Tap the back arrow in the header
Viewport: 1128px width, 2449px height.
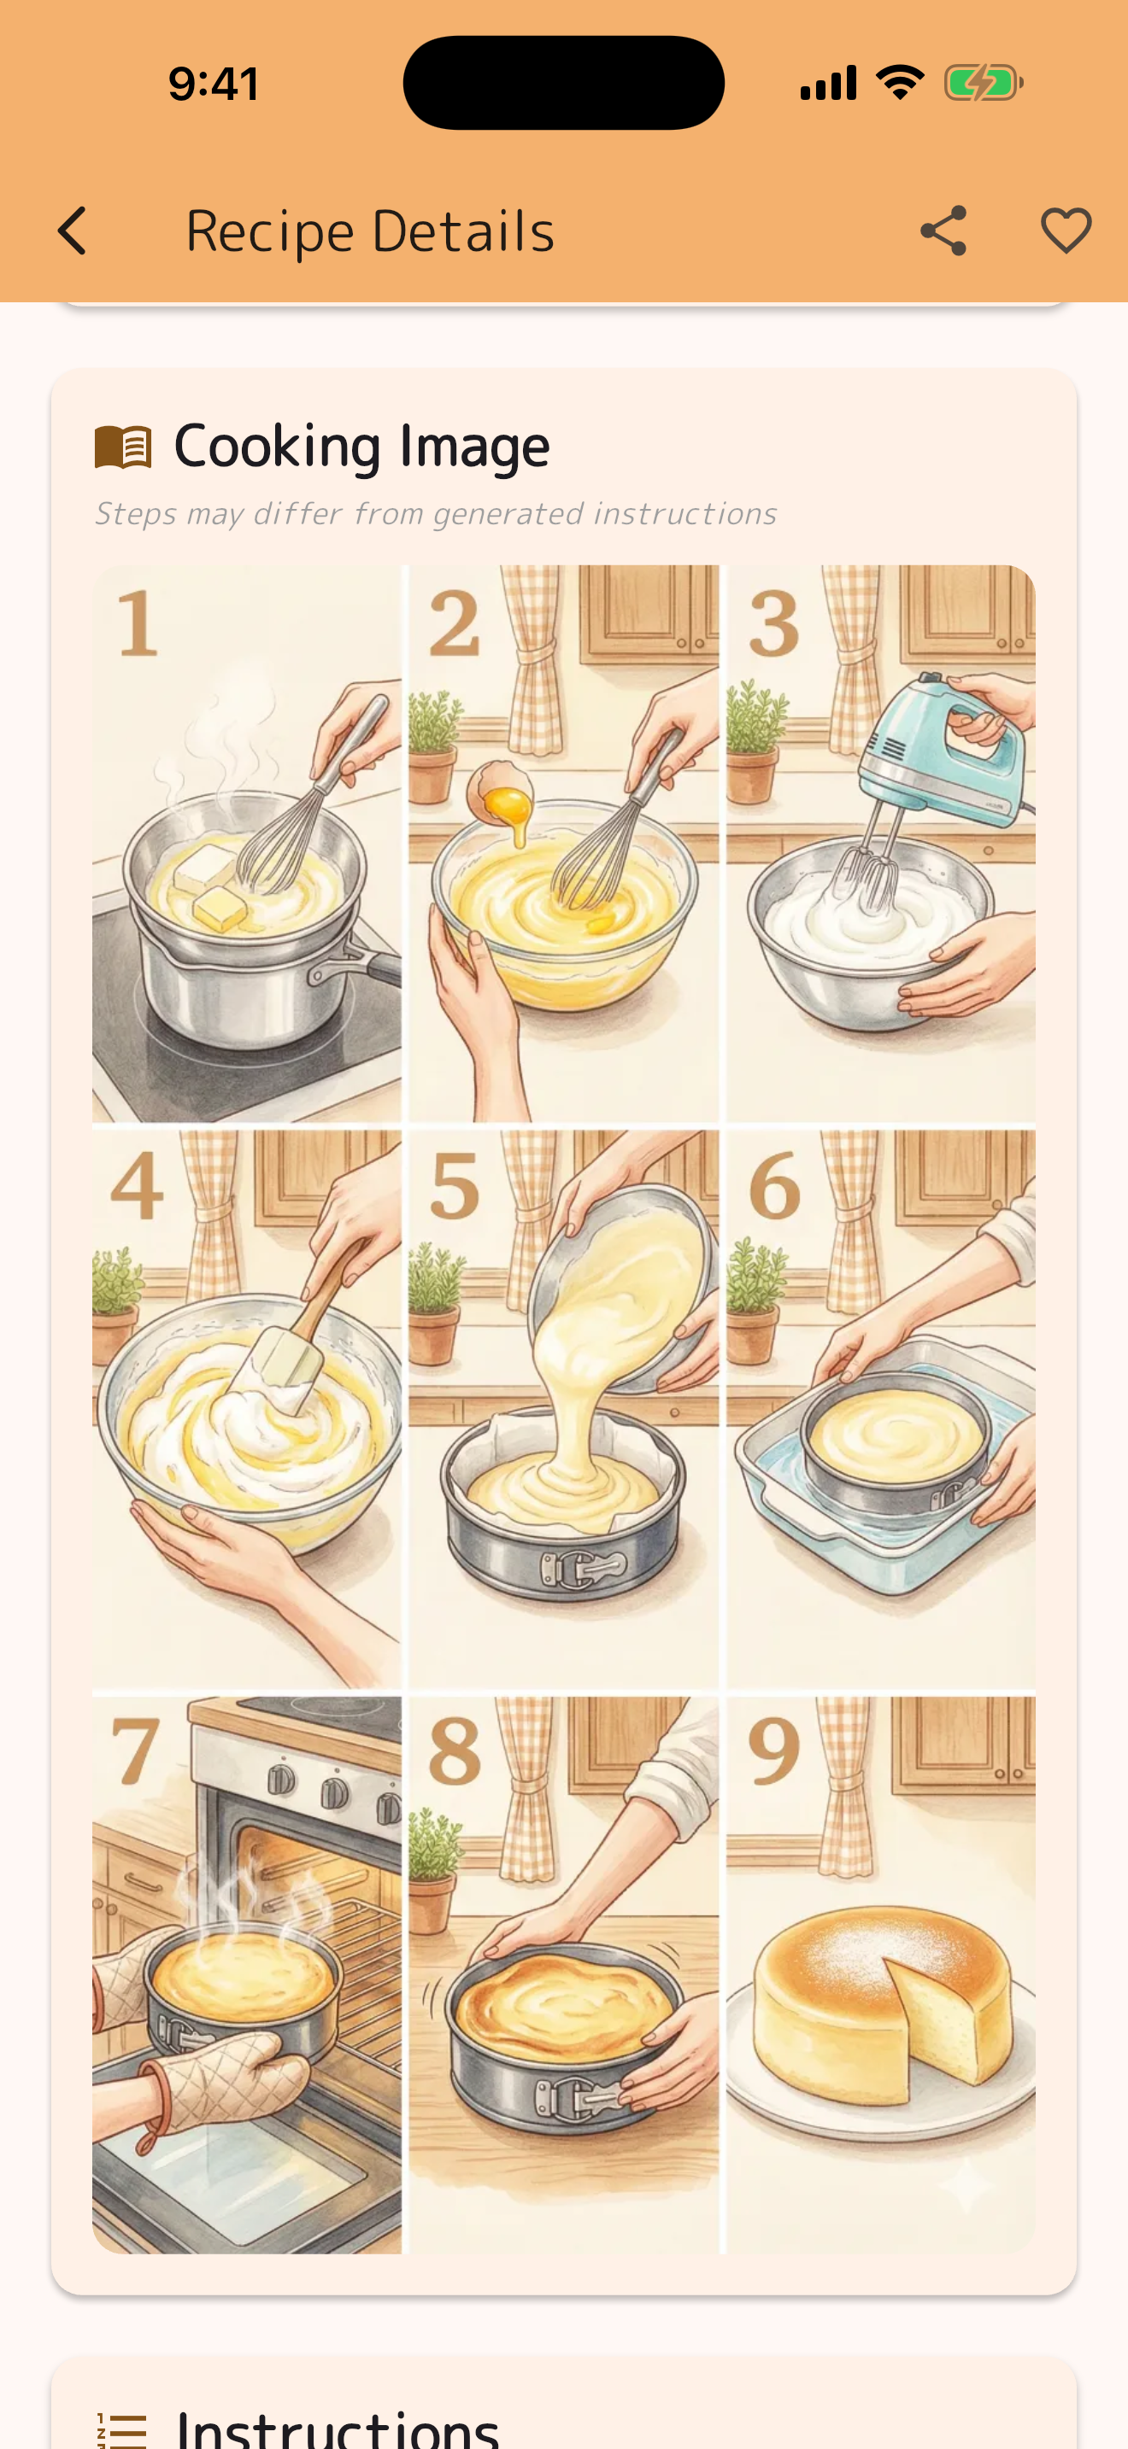[x=73, y=231]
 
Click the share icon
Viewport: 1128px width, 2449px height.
[x=943, y=231]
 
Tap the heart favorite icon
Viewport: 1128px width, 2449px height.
[x=1066, y=231]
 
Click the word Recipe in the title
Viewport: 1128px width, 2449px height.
[x=269, y=231]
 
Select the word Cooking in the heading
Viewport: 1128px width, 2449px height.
[x=277, y=447]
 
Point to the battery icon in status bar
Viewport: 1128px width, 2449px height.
[x=984, y=83]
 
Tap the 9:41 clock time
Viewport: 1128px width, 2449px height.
[x=214, y=84]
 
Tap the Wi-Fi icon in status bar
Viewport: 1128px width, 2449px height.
[x=900, y=83]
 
